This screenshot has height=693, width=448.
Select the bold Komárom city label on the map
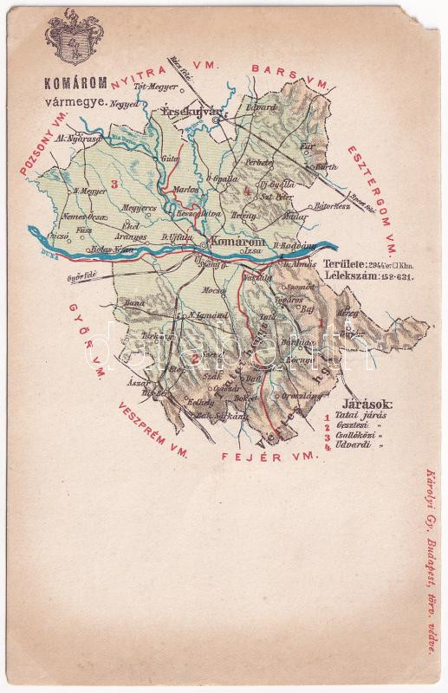233,244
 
